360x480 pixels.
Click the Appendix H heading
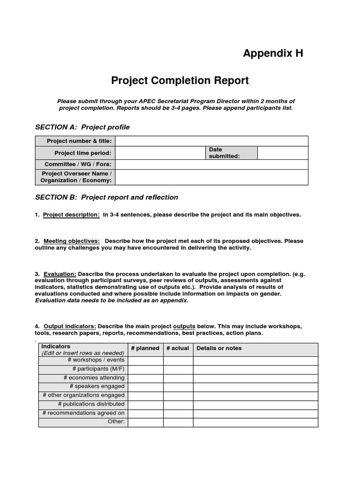tap(273, 53)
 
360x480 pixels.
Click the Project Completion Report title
tap(180, 81)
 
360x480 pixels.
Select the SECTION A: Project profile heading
tap(82, 127)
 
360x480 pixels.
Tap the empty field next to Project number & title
tap(211, 141)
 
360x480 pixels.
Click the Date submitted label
tap(224, 153)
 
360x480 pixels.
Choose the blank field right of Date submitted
tap(283, 153)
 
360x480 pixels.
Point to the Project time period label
tap(83, 153)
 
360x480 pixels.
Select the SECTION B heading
tap(106, 197)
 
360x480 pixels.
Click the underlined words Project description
tap(71, 215)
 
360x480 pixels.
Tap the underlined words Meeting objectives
tap(72, 241)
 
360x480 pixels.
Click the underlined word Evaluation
tap(60, 274)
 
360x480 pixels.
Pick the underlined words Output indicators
tap(70, 326)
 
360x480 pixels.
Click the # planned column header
tap(145, 348)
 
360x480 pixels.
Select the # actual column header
tap(178, 348)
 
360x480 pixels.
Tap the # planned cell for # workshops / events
tap(145, 360)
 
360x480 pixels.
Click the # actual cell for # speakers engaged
tap(178, 387)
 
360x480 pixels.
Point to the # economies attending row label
tap(94, 378)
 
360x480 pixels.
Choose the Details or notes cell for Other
tap(255, 422)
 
